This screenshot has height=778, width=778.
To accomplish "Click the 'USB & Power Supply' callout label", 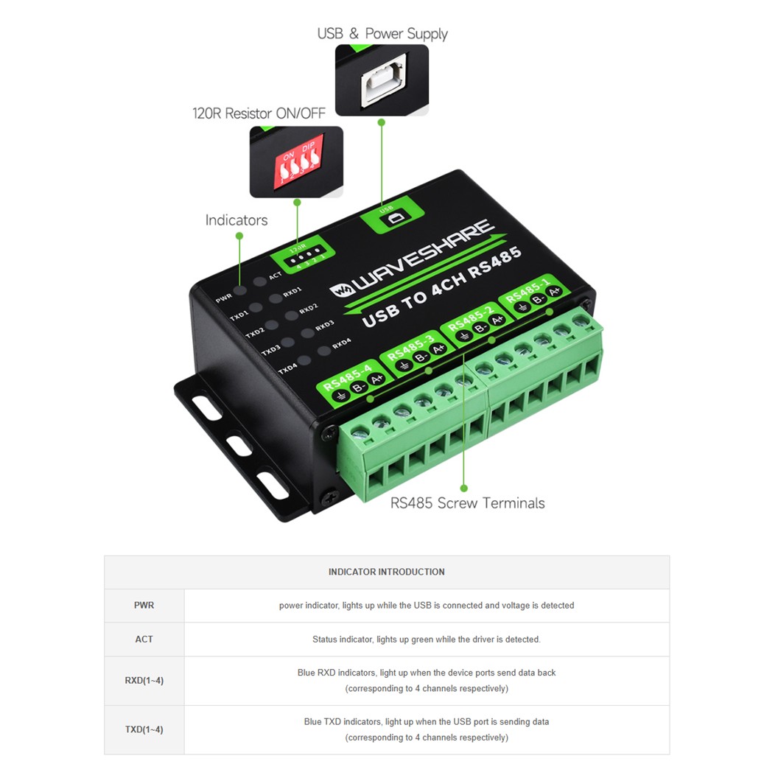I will [x=382, y=34].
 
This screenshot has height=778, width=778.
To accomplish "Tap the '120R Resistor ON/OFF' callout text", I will [x=259, y=113].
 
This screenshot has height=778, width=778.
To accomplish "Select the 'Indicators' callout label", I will [x=236, y=220].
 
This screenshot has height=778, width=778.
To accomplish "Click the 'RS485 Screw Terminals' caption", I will [x=467, y=503].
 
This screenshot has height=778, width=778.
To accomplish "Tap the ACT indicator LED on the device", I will [x=259, y=281].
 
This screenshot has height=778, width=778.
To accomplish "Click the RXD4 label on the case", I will [x=341, y=344].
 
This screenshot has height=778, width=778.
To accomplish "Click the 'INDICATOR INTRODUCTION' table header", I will [x=386, y=572].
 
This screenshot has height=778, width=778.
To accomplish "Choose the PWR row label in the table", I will [x=144, y=606].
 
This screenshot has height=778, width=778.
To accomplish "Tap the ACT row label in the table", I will [x=144, y=639].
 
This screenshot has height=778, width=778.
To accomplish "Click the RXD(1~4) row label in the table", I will [x=144, y=681].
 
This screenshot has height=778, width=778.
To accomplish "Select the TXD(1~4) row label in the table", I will [x=144, y=729].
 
